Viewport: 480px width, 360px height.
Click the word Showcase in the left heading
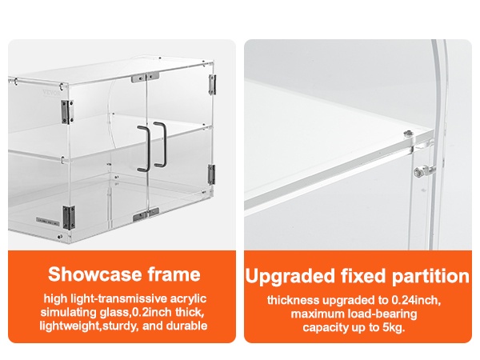(95, 274)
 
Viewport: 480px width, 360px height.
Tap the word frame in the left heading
(174, 274)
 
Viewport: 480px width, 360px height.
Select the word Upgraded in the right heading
(290, 276)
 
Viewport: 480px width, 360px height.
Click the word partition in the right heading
(430, 276)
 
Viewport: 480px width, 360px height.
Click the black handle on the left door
(144, 149)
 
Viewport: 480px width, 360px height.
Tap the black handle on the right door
(160, 145)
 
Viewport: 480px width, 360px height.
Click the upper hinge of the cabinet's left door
(66, 112)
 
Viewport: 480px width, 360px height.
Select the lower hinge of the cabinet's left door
(68, 218)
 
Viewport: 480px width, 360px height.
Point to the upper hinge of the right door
(211, 85)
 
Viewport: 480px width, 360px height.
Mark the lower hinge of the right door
(211, 174)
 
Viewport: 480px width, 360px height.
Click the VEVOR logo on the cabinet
(51, 92)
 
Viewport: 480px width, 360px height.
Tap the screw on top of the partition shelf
(407, 134)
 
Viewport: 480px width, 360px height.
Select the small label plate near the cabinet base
(47, 220)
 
